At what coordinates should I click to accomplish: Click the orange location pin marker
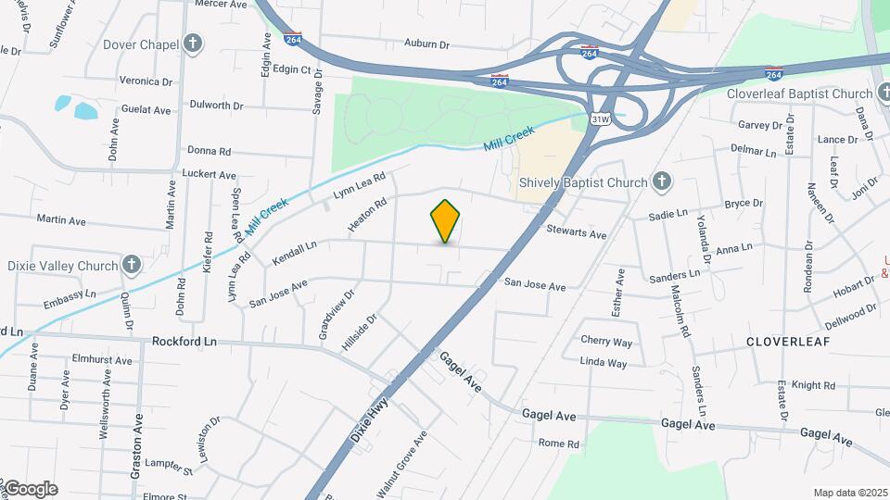446,220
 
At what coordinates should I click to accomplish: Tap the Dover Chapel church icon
192,43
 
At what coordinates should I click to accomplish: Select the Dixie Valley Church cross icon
132,266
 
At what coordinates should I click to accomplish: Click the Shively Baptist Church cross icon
661,181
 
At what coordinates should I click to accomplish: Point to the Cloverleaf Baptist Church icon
880,94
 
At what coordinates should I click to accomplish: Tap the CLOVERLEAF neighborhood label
788,342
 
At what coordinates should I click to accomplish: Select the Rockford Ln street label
184,342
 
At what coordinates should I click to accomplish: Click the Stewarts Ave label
576,232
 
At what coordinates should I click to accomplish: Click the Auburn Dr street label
426,44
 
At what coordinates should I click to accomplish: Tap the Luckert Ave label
210,174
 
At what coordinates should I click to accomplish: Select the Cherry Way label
606,342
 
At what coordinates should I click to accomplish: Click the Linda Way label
604,363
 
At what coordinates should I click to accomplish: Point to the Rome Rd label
558,444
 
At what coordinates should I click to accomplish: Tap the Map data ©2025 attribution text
849,493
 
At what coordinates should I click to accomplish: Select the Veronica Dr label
146,81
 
